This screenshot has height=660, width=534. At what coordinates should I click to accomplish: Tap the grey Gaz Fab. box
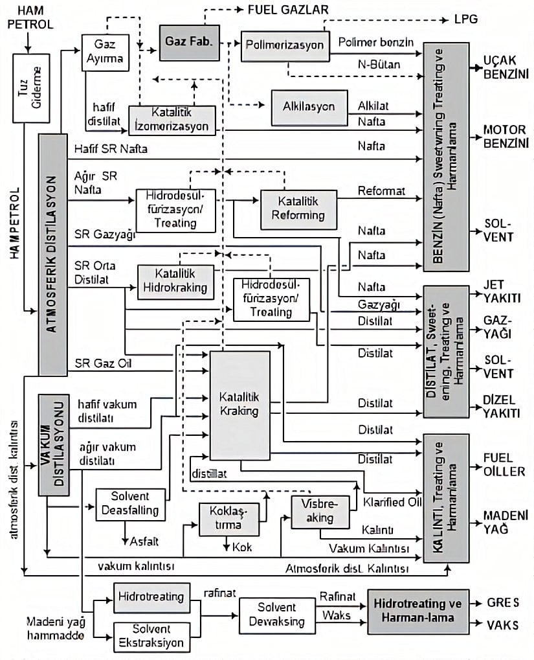188,40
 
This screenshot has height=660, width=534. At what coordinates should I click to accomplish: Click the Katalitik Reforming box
298,209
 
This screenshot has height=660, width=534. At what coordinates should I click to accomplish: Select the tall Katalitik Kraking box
239,405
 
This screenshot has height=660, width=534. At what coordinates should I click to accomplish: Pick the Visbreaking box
320,512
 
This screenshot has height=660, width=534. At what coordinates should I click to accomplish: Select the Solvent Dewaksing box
277,614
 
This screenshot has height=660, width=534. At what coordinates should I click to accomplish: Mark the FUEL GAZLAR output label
289,10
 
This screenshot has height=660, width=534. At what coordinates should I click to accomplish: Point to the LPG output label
466,19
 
